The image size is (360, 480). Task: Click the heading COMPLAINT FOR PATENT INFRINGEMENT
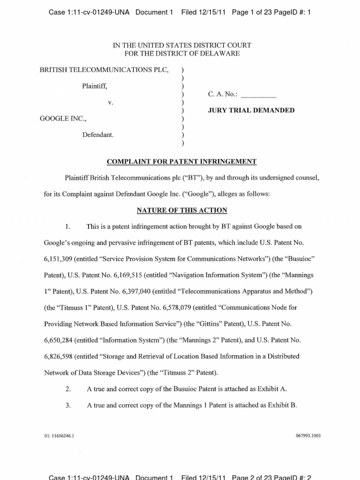click(182, 162)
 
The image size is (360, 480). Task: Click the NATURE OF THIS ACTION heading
click(182, 210)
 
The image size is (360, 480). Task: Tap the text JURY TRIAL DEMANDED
click(251, 111)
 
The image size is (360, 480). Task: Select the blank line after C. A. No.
click(260, 95)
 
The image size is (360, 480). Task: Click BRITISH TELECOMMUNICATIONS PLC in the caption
click(104, 70)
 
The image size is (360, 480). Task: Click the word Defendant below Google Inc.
click(98, 135)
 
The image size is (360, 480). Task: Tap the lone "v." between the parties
click(110, 103)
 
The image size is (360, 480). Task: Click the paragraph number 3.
click(68, 405)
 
